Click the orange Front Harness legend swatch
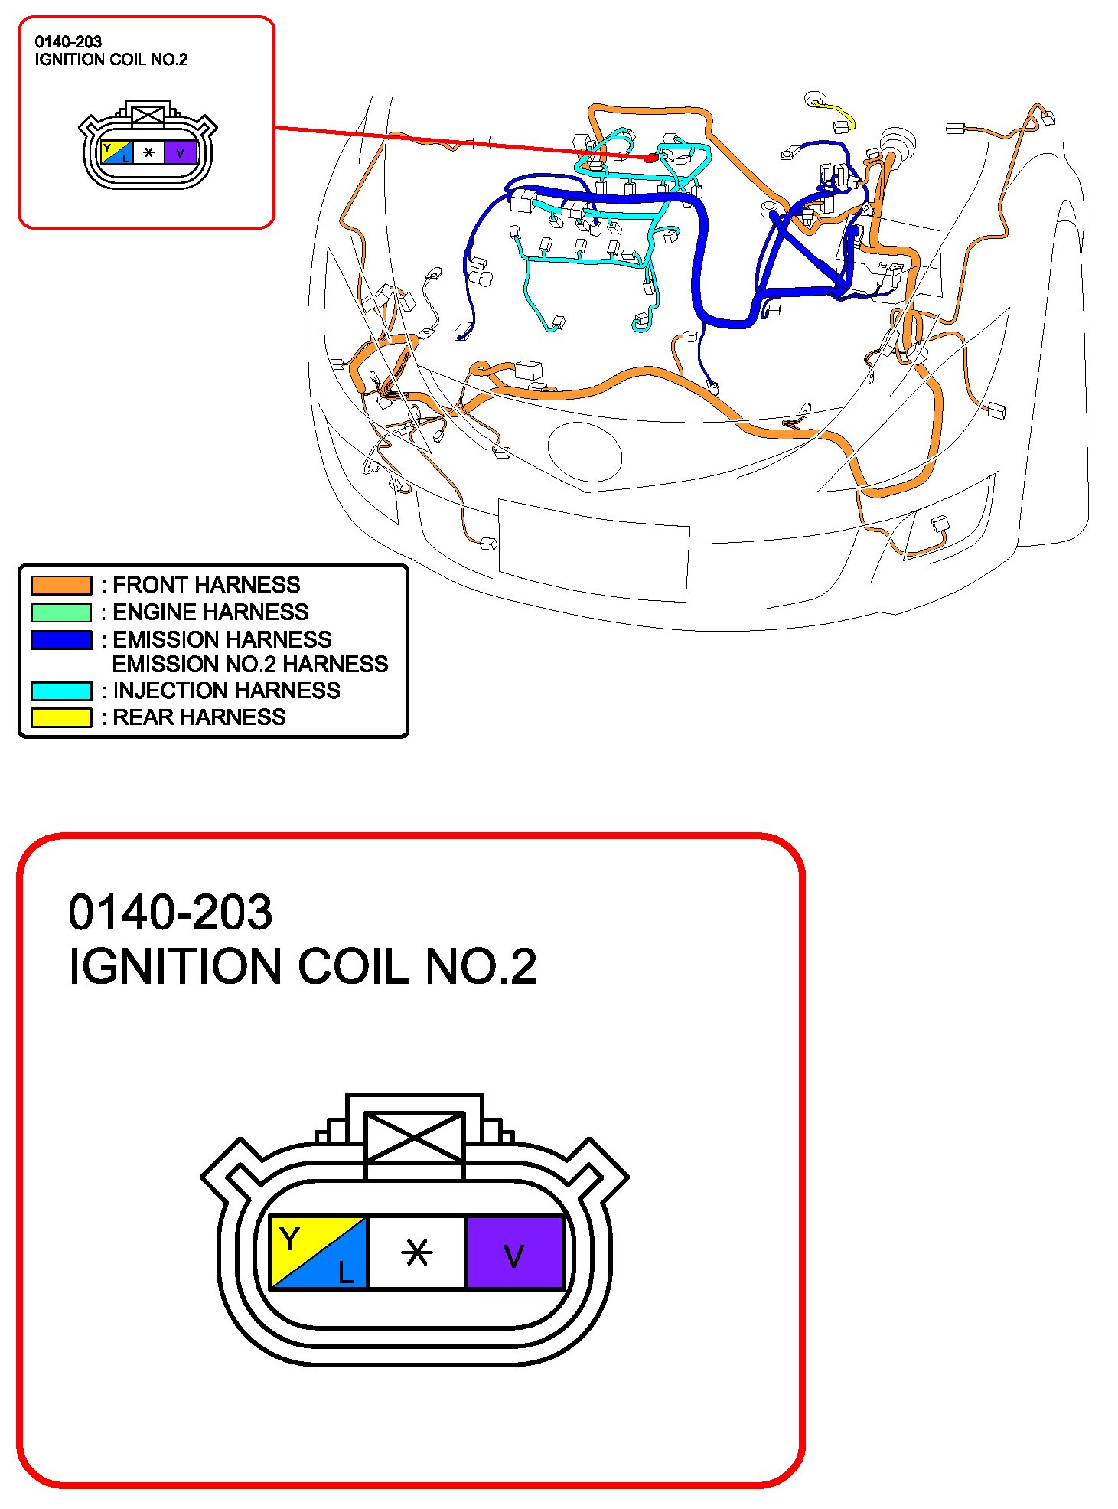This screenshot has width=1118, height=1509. pos(61,585)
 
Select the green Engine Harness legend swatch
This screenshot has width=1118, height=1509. pos(61,612)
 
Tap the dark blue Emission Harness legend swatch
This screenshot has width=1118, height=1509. pos(61,639)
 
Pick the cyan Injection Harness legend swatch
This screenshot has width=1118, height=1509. pos(61,691)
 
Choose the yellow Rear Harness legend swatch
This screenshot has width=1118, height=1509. pos(61,717)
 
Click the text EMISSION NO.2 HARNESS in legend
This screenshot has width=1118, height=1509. pos(250,664)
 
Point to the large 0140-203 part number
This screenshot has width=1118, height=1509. pos(170,912)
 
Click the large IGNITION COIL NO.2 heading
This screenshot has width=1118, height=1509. pos(302,966)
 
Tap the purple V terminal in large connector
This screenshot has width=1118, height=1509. pos(514,1253)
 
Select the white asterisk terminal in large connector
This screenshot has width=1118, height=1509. pos(417,1253)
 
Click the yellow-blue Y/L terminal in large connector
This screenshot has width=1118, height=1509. pos(319,1253)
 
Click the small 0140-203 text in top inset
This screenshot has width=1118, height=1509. pos(68,42)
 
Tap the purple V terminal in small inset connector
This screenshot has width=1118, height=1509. pos(181,152)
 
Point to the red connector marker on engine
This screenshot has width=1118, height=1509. pos(650,158)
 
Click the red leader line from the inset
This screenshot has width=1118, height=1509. pos(459,142)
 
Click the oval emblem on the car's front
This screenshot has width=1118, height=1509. pos(585,452)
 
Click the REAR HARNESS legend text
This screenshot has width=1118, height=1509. pos(199,717)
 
